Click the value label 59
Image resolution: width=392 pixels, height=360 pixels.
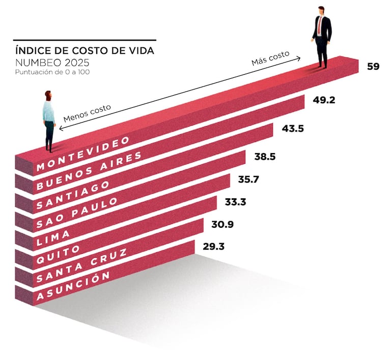(373, 66)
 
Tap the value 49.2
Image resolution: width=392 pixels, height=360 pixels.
(324, 100)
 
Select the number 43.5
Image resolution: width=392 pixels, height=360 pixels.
(293, 129)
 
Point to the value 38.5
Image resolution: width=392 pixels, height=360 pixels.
(265, 157)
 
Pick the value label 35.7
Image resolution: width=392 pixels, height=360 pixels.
(248, 180)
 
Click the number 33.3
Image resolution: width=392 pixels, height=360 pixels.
(235, 202)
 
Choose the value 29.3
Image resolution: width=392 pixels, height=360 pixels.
(214, 247)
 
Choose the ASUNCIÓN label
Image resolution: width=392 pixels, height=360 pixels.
(73, 286)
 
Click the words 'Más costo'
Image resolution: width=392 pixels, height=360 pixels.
(270, 59)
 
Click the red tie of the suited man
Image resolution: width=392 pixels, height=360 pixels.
(320, 25)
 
